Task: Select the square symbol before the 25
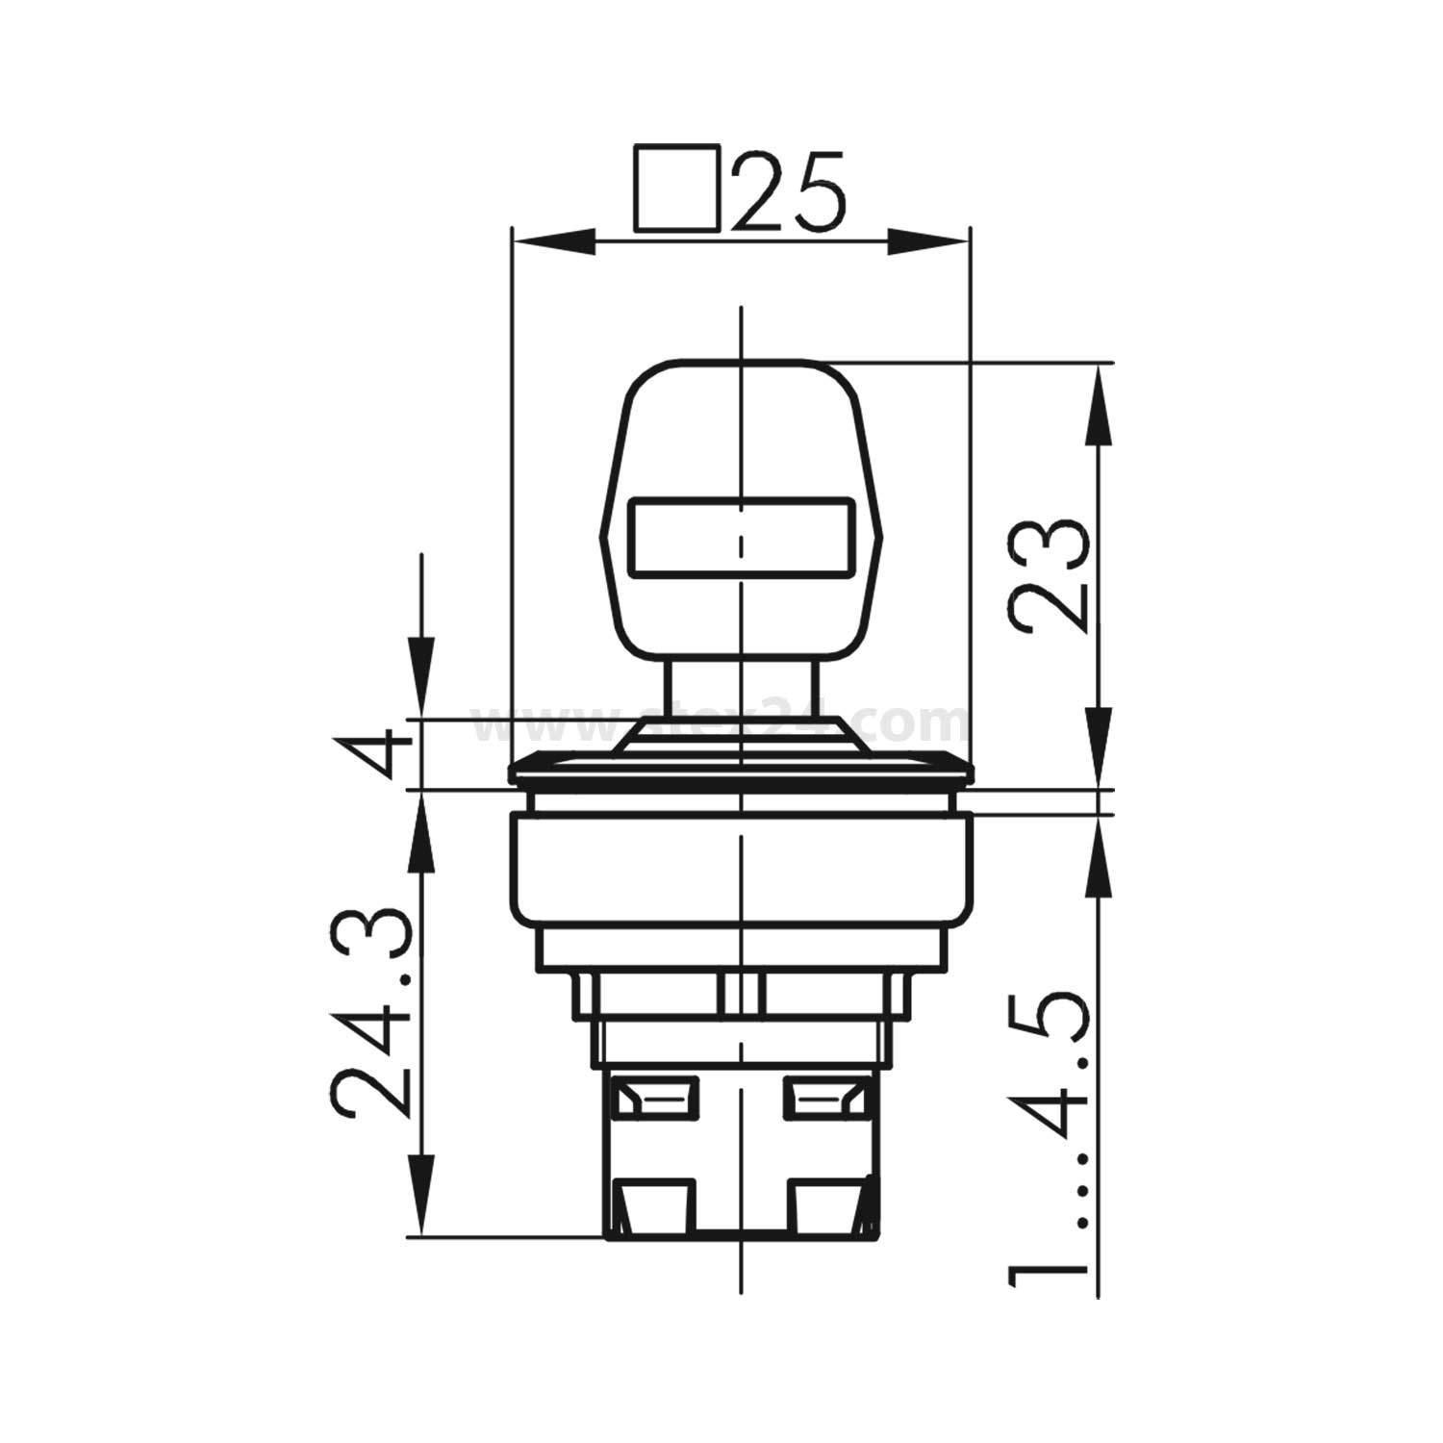676,190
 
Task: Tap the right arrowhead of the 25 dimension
927,241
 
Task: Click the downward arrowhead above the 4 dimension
419,679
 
